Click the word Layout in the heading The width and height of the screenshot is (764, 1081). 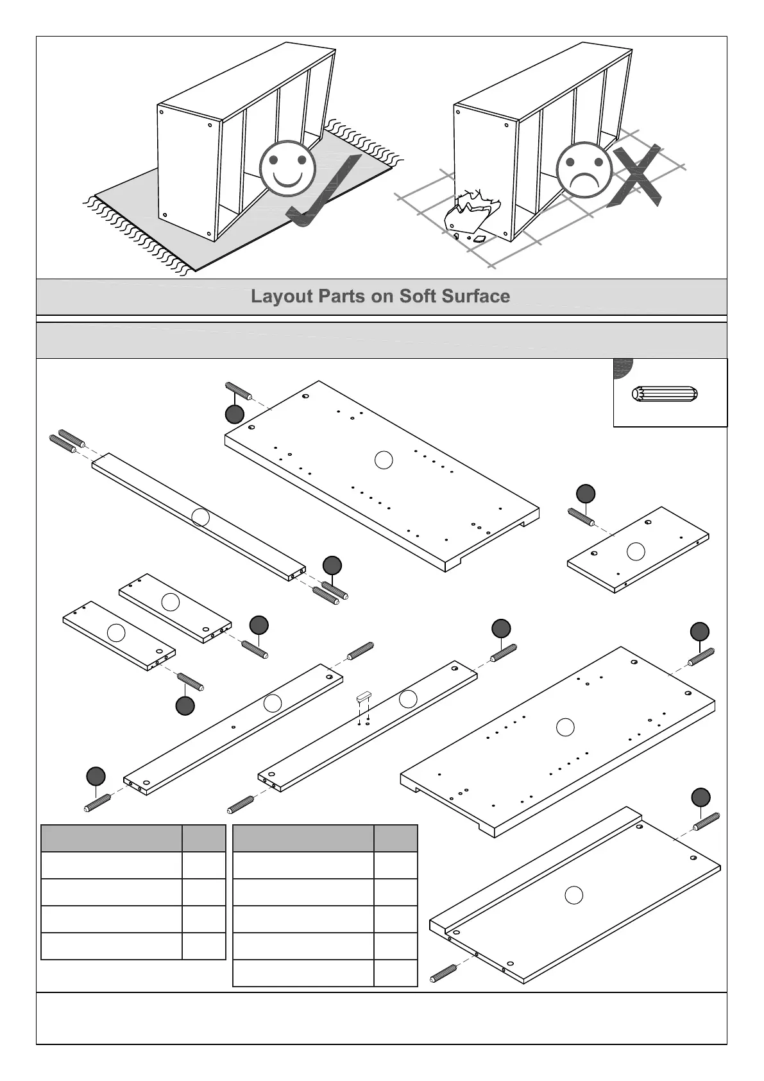click(x=282, y=297)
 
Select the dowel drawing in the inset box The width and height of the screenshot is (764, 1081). click(x=665, y=394)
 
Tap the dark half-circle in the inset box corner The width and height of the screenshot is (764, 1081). click(x=622, y=367)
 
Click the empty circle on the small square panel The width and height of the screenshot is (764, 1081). click(x=635, y=551)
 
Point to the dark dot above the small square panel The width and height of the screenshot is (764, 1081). click(x=585, y=494)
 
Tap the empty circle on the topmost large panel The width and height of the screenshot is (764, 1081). click(x=383, y=460)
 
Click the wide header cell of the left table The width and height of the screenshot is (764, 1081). click(x=111, y=838)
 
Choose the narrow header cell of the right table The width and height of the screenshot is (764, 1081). click(x=395, y=838)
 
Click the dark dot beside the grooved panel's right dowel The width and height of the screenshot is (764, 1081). click(x=700, y=797)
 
